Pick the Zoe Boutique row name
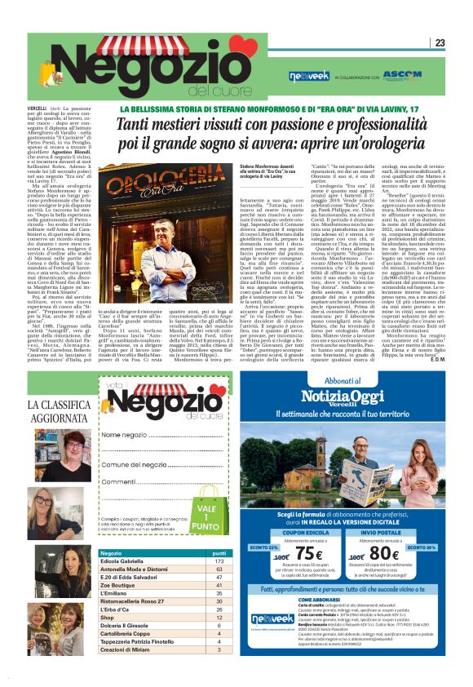117,585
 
